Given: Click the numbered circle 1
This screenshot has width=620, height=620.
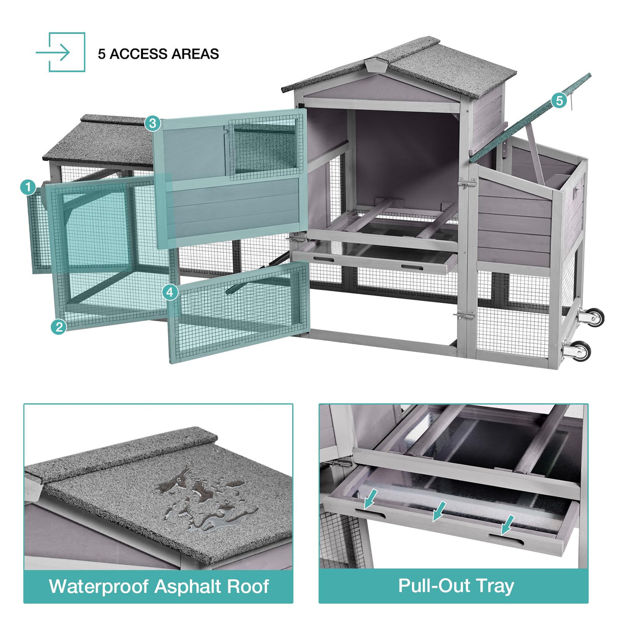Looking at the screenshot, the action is [x=28, y=187].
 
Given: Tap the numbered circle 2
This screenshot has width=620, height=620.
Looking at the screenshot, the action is [x=59, y=327].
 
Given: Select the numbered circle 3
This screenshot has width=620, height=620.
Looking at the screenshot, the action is [x=153, y=123].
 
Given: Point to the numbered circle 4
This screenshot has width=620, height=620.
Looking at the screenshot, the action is [x=170, y=293].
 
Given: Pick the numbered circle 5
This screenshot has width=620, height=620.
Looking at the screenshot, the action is [x=560, y=101].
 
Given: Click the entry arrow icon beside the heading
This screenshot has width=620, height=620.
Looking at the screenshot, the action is [x=60, y=52].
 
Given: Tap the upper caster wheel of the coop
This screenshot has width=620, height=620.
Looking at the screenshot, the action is [x=591, y=317].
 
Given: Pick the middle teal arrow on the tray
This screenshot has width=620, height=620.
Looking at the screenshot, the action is [x=439, y=511].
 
